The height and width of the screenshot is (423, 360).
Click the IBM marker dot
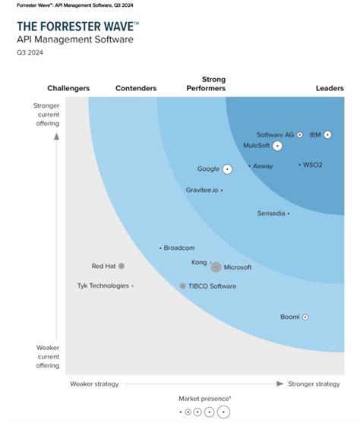tap(327, 134)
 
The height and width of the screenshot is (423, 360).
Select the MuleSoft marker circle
tap(278, 145)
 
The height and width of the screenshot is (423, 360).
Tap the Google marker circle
tap(227, 169)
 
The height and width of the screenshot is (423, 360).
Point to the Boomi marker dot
tap(305, 317)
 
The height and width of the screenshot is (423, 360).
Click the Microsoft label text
tap(238, 267)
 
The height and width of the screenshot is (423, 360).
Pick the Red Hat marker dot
tap(122, 266)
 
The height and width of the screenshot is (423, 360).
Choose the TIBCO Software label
tap(212, 286)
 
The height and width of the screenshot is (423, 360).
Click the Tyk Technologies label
tap(103, 286)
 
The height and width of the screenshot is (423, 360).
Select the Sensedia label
tap(271, 213)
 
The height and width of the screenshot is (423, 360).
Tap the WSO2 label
tap(313, 164)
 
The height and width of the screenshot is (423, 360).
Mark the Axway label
tap(263, 166)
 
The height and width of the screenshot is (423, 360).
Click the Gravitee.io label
tap(201, 190)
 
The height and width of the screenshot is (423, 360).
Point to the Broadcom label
tap(180, 248)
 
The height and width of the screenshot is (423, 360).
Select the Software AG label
tap(275, 134)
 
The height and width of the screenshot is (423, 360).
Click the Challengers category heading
tap(68, 88)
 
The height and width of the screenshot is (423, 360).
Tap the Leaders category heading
tap(330, 88)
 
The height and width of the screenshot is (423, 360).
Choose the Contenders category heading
tap(136, 88)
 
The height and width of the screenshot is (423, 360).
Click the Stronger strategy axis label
tap(314, 384)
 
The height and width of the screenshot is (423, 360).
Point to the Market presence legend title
tap(205, 398)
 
